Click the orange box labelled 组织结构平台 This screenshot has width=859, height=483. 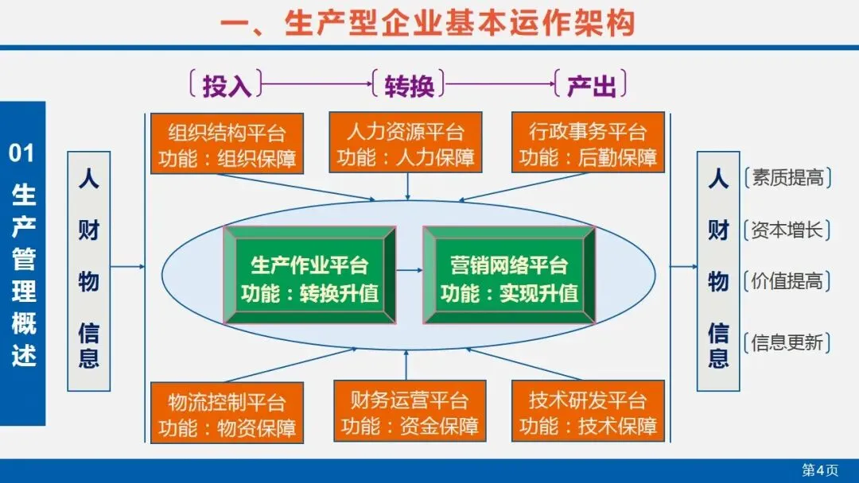coord(227,143)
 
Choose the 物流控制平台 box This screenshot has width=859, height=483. coord(227,412)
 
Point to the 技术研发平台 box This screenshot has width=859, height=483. coord(588,412)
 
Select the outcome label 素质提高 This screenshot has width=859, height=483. coord(787,178)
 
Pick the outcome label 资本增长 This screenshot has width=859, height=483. coord(787,230)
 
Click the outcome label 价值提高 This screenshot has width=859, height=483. coord(787,280)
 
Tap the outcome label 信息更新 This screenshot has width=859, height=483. coord(787,343)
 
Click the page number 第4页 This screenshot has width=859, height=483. coord(819,469)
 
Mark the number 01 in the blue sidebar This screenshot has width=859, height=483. coord(21,152)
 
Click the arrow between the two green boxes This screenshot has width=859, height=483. coord(409,271)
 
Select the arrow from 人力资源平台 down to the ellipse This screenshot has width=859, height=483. coord(407,186)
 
